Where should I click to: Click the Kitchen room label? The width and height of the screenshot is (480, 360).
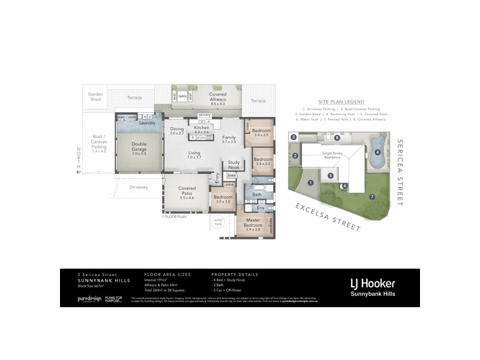click(x=202, y=128)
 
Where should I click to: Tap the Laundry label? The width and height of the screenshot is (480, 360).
click(x=148, y=123)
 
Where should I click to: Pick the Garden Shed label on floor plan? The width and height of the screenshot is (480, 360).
click(x=95, y=97)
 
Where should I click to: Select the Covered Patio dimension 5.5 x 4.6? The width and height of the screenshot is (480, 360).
click(x=187, y=197)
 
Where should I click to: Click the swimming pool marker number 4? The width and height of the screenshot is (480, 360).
click(x=378, y=152)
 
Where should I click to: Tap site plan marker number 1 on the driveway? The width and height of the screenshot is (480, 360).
click(x=310, y=182)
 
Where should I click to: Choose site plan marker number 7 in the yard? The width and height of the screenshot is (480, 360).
click(x=371, y=196)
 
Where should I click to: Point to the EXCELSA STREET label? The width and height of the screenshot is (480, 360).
click(x=327, y=217)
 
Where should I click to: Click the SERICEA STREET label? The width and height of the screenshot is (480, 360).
click(x=401, y=173)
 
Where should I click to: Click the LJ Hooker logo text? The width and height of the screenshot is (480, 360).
click(x=372, y=283)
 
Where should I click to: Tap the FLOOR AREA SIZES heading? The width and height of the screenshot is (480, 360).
click(x=167, y=274)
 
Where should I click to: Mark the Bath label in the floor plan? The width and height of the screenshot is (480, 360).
click(x=257, y=194)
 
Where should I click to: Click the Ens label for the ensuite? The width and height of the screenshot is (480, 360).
click(x=260, y=208)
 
